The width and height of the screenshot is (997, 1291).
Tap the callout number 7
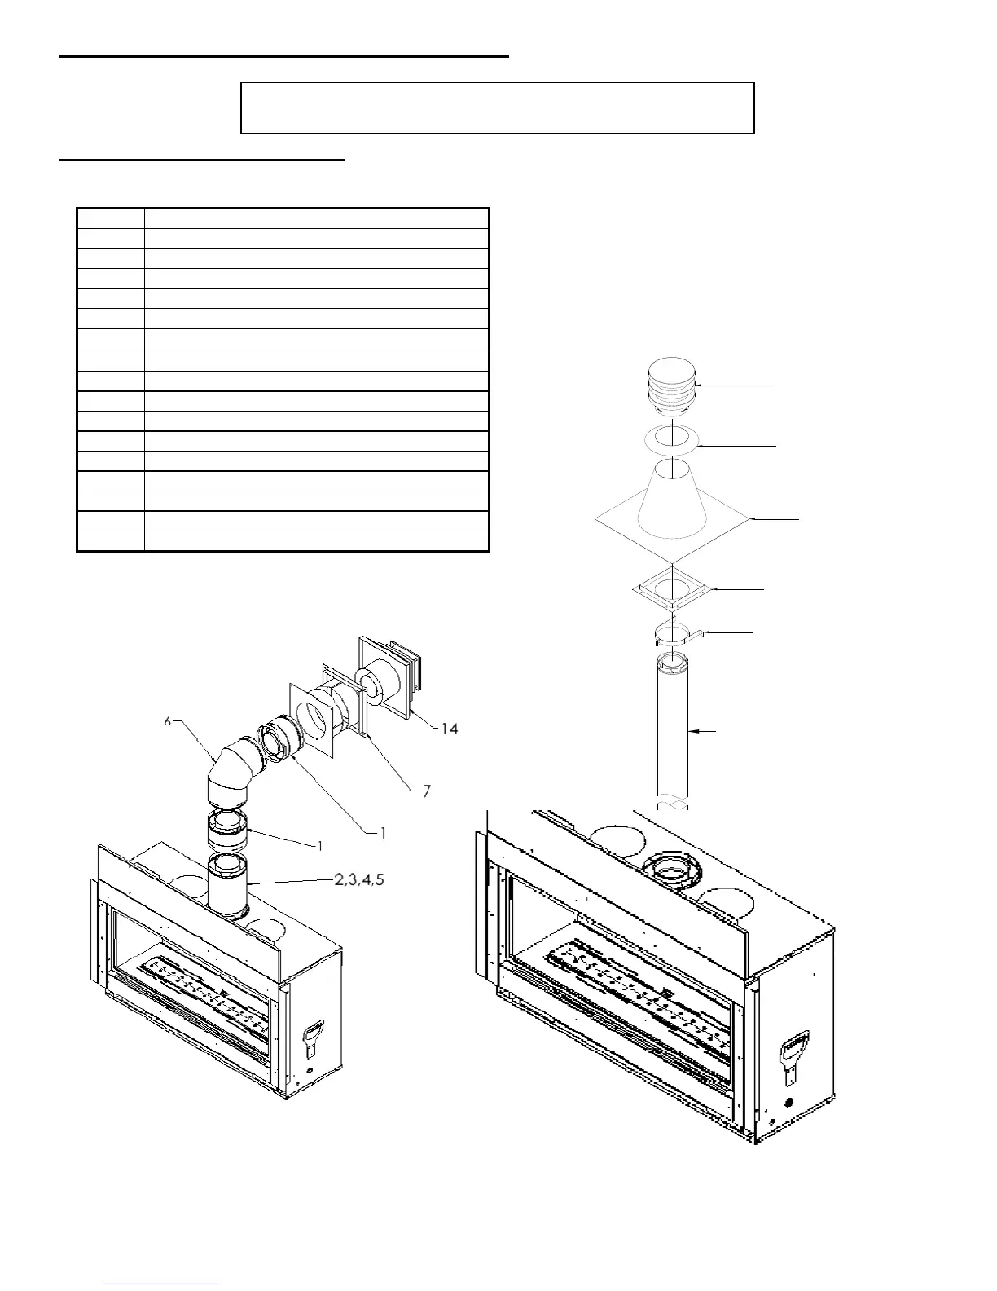426,791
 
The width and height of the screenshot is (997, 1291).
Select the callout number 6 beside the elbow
168,721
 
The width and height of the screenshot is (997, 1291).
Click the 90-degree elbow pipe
232,770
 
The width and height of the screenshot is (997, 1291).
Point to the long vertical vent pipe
673,725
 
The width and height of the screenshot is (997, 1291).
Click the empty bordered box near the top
497,107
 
